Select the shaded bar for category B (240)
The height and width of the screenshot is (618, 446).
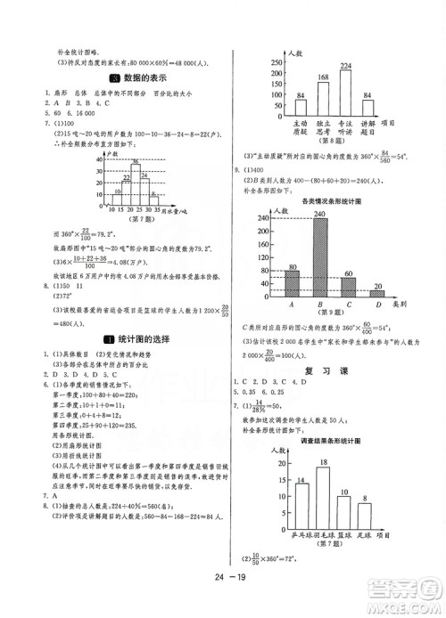click(x=318, y=256)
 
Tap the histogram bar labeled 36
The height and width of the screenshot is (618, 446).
click(x=136, y=182)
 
